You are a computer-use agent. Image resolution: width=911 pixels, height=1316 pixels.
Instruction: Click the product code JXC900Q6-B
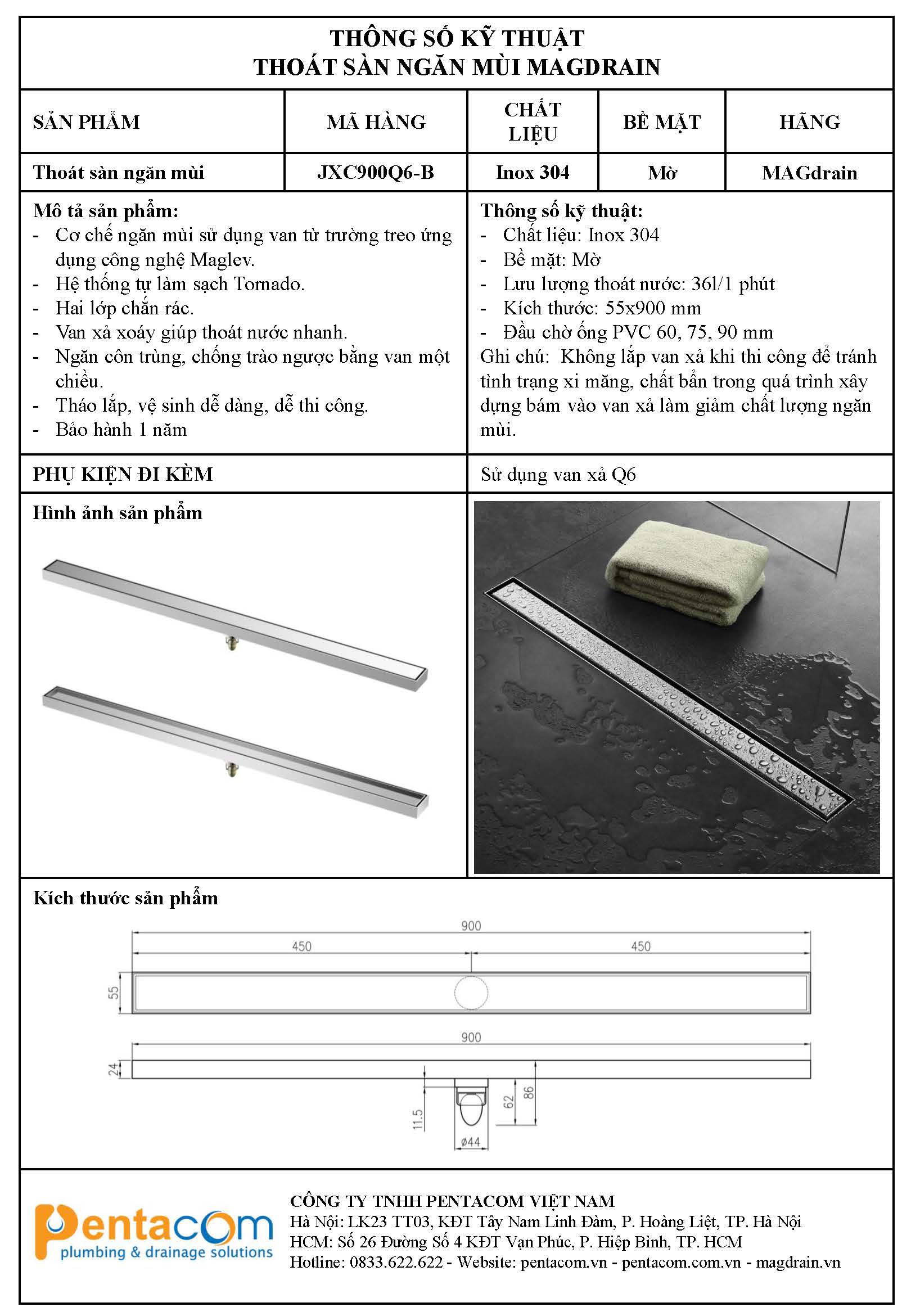(x=376, y=172)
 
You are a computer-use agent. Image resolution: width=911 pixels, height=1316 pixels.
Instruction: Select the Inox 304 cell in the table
(x=532, y=172)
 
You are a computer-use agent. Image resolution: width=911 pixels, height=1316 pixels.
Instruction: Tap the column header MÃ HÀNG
(x=376, y=122)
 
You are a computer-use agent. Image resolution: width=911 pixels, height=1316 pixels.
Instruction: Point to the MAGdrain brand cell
(x=809, y=173)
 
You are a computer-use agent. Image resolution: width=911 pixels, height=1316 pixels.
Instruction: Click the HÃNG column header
(x=809, y=122)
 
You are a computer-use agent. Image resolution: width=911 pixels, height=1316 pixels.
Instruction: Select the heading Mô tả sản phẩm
(x=106, y=211)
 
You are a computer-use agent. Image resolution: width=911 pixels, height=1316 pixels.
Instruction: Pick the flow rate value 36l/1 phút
(x=733, y=283)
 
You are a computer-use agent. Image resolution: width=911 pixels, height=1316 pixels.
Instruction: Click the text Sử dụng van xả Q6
(x=558, y=475)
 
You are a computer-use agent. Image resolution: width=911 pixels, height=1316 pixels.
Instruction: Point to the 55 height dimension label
(x=114, y=993)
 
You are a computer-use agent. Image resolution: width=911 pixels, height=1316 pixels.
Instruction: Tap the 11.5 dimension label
(x=418, y=1119)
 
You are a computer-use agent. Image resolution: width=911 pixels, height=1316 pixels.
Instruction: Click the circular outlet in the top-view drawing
(x=471, y=993)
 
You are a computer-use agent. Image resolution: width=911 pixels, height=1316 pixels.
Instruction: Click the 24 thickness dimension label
(x=114, y=1069)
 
